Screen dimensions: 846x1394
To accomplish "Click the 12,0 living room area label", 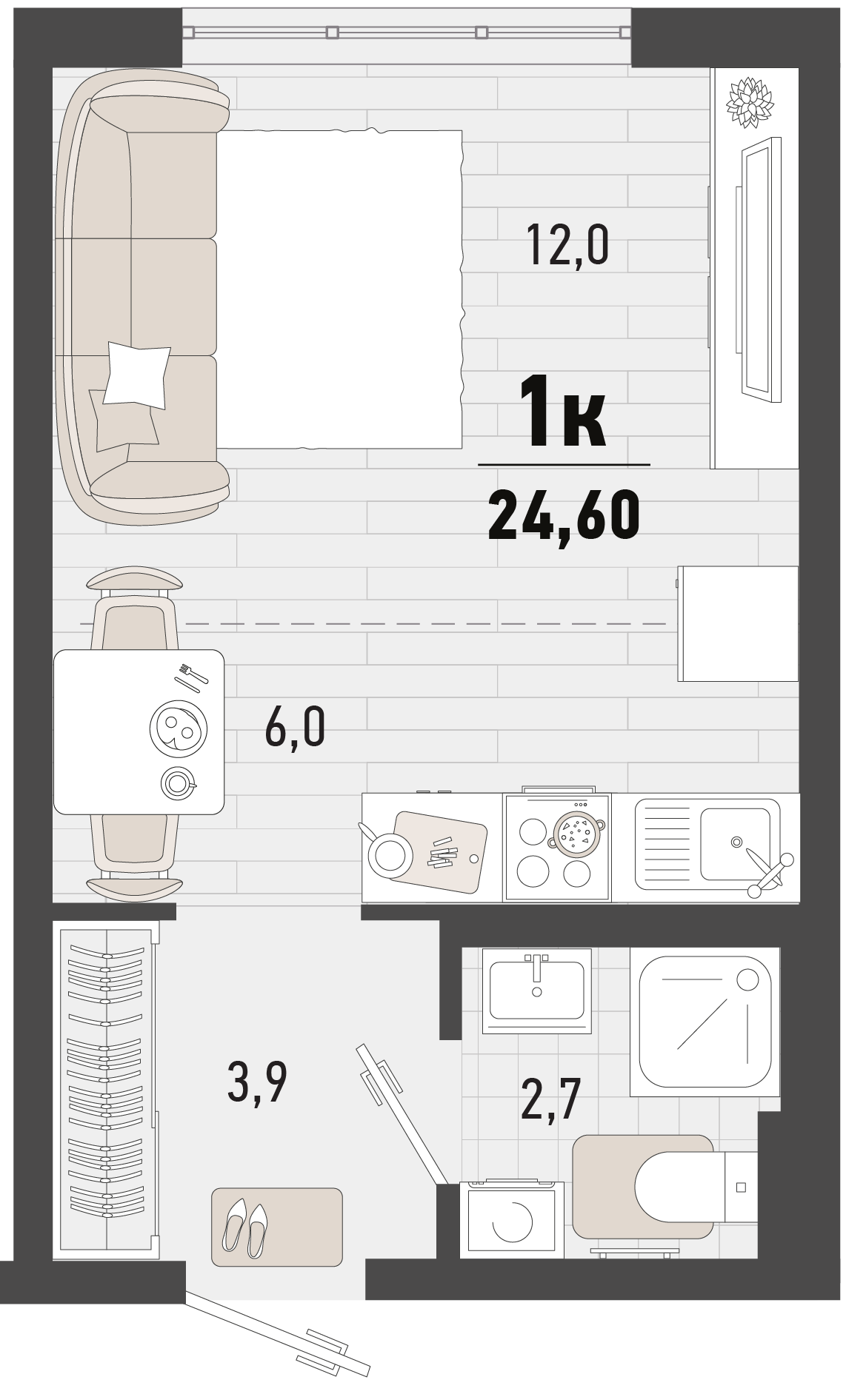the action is (567, 246).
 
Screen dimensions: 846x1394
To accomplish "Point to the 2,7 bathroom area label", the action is (550, 1099).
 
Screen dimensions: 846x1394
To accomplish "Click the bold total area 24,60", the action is (564, 517).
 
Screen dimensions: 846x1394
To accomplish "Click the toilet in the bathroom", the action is (695, 1187).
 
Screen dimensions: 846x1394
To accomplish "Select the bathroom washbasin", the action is (537, 991).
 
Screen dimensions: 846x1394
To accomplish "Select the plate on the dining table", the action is (178, 728).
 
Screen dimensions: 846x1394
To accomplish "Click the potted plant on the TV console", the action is (750, 102).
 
